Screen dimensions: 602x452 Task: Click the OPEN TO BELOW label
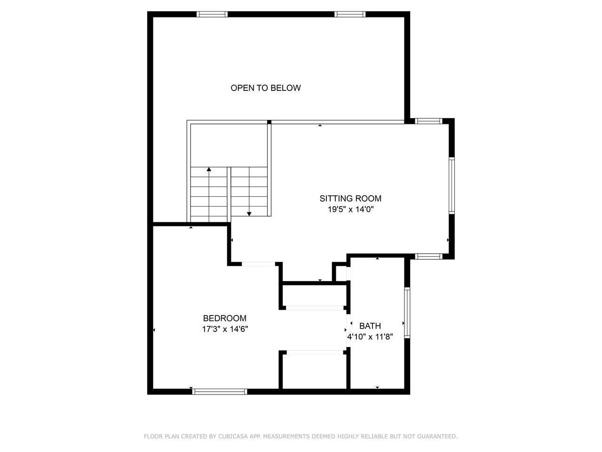click(x=265, y=88)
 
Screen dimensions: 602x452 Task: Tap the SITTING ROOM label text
click(x=350, y=198)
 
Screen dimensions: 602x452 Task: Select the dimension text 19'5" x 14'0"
click(x=351, y=210)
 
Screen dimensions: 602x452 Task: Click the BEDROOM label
click(x=225, y=318)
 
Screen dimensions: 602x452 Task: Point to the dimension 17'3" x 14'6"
click(x=225, y=329)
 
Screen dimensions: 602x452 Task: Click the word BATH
click(x=370, y=326)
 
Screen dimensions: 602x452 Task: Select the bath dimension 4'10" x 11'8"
click(x=370, y=337)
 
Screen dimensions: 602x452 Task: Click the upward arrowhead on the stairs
click(x=209, y=169)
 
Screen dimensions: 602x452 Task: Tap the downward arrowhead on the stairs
click(x=249, y=214)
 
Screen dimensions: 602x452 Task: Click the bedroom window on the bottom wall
click(x=220, y=392)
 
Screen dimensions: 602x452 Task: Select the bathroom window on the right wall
click(x=407, y=313)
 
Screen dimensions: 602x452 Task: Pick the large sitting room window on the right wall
click(x=451, y=186)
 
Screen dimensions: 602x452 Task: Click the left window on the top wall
click(x=212, y=14)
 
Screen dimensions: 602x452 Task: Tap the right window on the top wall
click(x=350, y=14)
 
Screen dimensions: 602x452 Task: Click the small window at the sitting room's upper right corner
click(x=428, y=121)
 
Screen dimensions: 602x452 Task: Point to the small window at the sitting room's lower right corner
click(x=428, y=256)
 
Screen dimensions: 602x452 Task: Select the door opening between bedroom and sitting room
click(x=258, y=264)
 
